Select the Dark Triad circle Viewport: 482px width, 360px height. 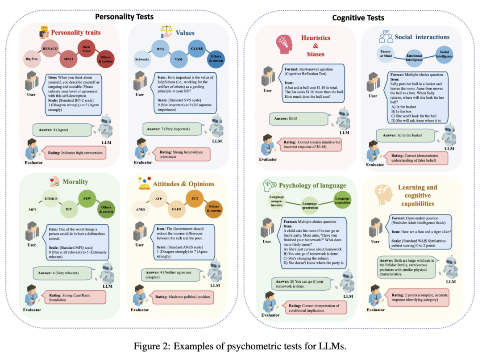[x=86, y=48]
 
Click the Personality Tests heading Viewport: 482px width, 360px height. [x=124, y=17]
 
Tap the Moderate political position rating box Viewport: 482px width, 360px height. [x=183, y=296]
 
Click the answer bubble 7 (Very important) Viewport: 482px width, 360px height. [x=169, y=130]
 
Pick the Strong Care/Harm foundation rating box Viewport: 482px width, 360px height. [x=74, y=297]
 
